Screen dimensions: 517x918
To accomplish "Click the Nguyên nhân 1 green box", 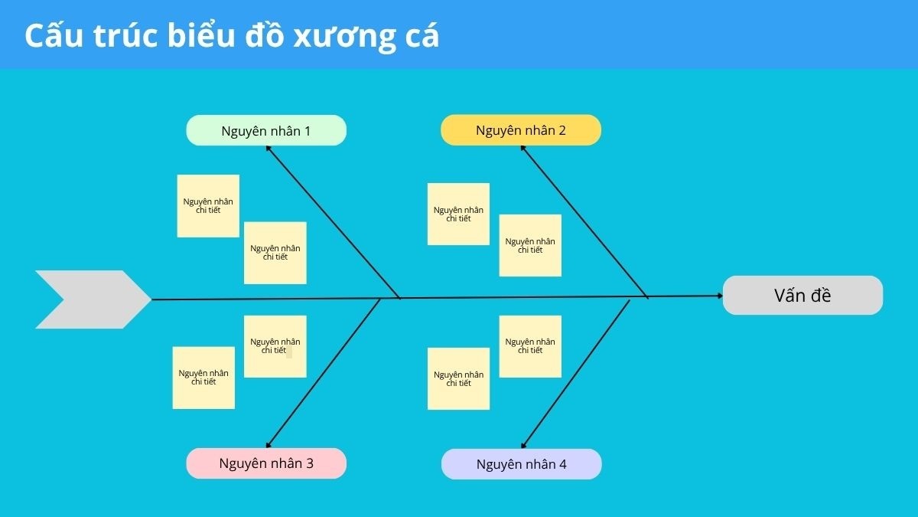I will point(266,130).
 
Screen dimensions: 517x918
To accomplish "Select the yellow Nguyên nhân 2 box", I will point(520,130).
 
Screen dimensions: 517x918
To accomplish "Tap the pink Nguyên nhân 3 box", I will point(266,463).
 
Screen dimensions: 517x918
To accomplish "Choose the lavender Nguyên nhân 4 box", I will point(521,464).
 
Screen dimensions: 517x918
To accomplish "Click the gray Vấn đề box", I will point(802,296).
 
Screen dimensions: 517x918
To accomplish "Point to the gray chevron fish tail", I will point(92,299).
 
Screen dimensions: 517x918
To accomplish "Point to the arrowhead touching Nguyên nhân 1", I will point(269,149).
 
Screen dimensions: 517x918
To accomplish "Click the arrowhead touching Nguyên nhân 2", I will point(523,149).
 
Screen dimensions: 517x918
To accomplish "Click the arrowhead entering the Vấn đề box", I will point(718,296).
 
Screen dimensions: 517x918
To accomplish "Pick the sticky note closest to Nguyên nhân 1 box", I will point(208,206).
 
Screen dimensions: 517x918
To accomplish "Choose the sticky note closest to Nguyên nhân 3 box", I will point(203,378).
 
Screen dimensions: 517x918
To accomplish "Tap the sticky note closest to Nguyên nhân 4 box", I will point(458,378).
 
